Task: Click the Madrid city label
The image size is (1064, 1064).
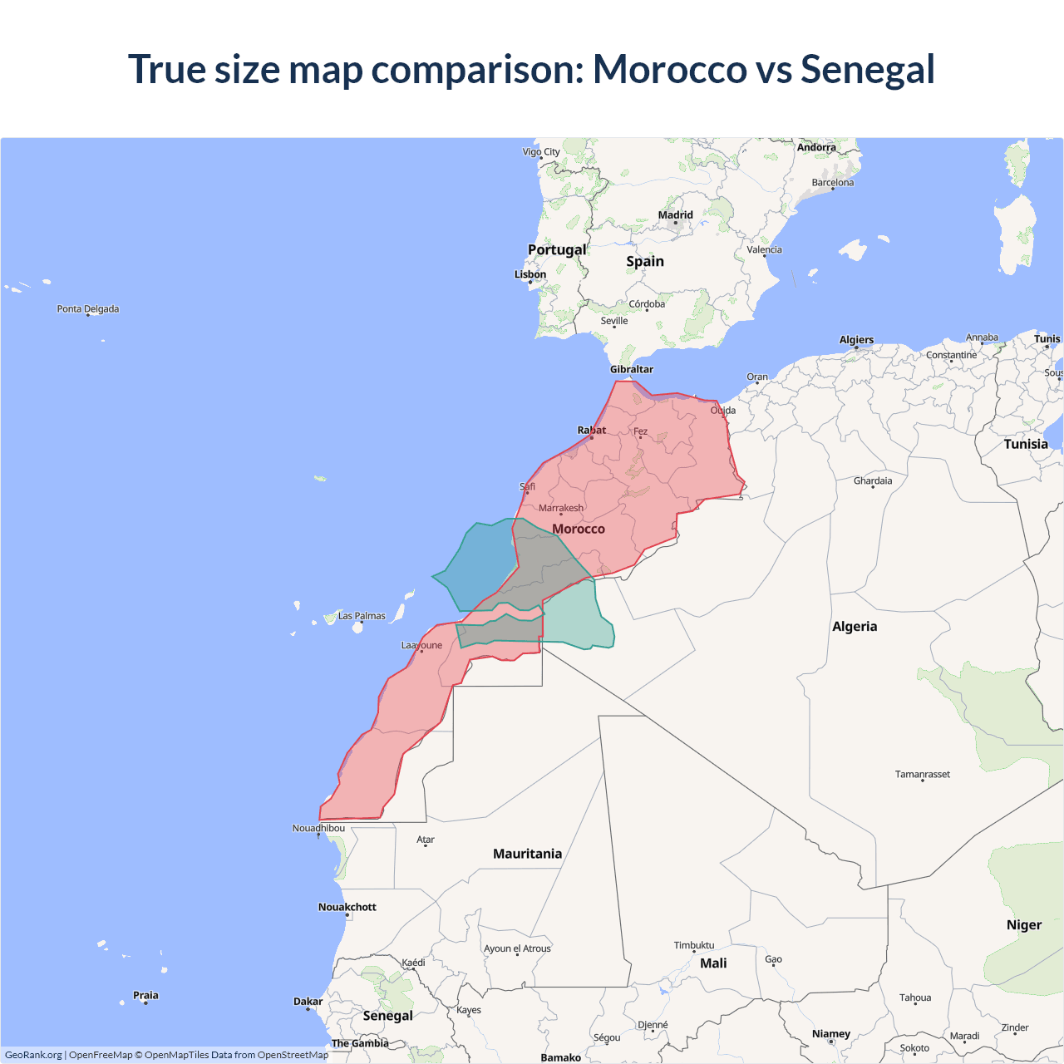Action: tap(675, 215)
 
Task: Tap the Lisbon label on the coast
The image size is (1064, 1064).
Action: tap(530, 274)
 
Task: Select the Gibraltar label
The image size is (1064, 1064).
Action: tap(632, 369)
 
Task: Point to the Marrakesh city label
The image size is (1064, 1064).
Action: tap(561, 508)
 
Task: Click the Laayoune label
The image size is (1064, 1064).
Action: tap(421, 645)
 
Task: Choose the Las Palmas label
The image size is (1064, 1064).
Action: tap(362, 616)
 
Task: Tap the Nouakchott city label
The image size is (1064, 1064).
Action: tap(347, 907)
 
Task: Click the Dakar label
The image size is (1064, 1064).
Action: tap(308, 1002)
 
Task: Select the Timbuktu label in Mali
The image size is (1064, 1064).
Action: tap(694, 945)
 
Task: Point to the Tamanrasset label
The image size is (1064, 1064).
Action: tap(923, 774)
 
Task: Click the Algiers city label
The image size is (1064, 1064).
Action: tap(856, 340)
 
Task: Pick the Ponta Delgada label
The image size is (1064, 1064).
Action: tap(88, 309)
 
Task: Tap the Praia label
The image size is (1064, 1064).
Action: tap(145, 995)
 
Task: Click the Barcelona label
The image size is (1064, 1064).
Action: tap(833, 183)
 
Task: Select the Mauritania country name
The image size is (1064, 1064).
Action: tap(527, 854)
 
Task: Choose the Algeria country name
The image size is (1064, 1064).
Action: tap(855, 627)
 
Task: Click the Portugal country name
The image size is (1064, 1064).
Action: tap(557, 249)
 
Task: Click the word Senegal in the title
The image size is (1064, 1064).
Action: tap(867, 70)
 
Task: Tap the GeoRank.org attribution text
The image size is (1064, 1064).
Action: tap(33, 1055)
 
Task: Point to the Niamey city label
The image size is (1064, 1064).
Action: tap(831, 1034)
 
